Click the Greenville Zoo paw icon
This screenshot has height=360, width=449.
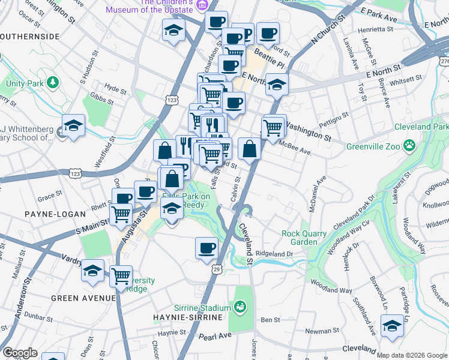tap(409, 144)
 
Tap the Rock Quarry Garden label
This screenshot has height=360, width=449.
tap(304, 238)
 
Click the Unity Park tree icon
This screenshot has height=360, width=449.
tap(53, 82)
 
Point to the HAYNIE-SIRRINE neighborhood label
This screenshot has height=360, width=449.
tap(190, 317)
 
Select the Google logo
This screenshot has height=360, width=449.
tap(20, 353)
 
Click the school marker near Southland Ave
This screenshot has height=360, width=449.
tap(392, 326)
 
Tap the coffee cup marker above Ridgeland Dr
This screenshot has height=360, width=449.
tap(207, 247)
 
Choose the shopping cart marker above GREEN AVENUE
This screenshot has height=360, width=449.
tap(121, 275)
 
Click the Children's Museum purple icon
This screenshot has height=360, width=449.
tap(201, 5)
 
